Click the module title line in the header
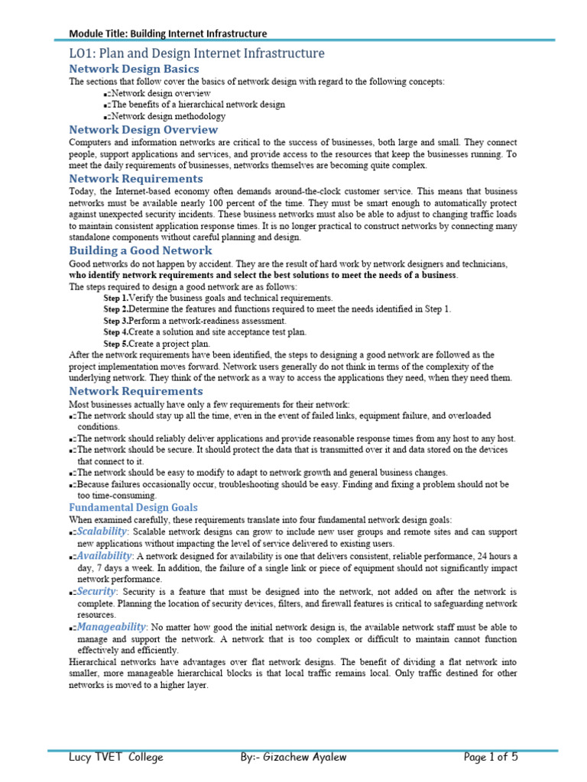(x=168, y=34)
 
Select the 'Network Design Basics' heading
(x=134, y=69)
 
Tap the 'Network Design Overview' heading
(x=143, y=130)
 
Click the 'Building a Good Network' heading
(x=141, y=250)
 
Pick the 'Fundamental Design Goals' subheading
(x=133, y=507)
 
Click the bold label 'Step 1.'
(x=115, y=298)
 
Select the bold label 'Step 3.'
(x=115, y=321)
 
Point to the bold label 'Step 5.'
(x=115, y=344)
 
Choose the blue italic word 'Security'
(x=97, y=591)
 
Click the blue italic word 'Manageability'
(x=112, y=626)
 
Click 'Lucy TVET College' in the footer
(x=115, y=758)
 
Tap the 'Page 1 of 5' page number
(x=491, y=758)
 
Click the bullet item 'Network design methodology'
(x=169, y=117)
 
